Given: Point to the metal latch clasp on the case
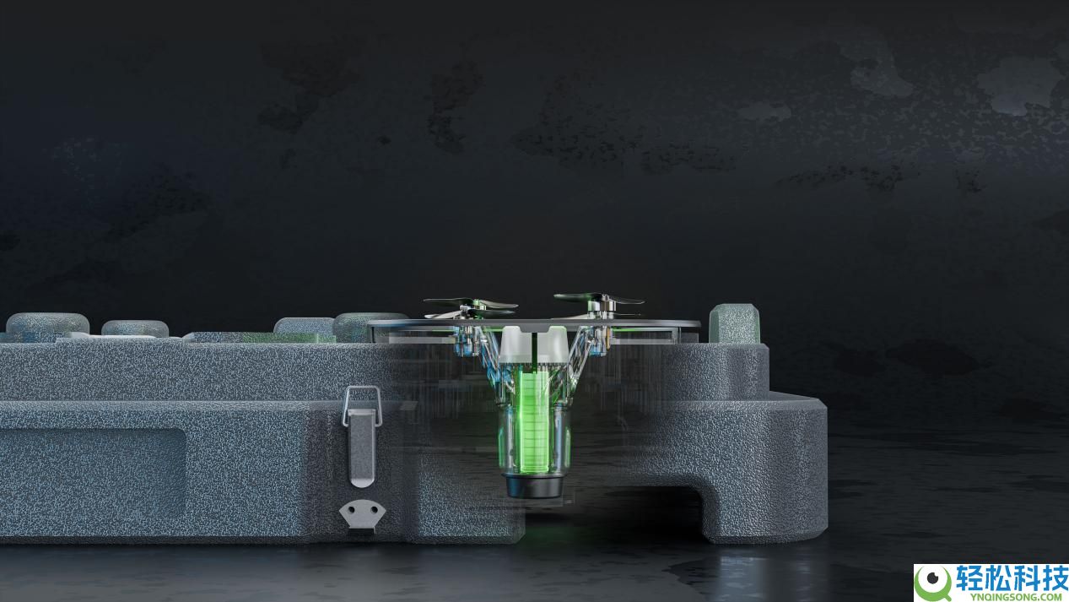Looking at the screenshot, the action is point(362,447).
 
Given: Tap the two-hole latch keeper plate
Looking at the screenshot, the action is point(362,513).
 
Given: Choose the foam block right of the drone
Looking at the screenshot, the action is point(734,323).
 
